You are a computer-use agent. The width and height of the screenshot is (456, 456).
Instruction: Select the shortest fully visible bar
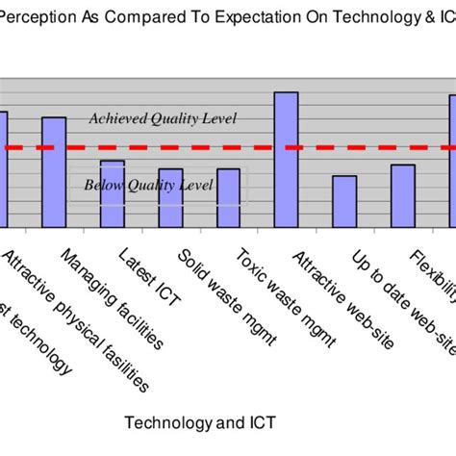344,201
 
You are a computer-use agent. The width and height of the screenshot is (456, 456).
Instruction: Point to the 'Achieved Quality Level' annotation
162,118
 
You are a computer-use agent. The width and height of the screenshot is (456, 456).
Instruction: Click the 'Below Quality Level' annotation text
148,185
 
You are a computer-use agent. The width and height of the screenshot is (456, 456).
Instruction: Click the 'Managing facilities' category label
110,297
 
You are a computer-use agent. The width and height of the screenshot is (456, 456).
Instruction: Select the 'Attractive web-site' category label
342,299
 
